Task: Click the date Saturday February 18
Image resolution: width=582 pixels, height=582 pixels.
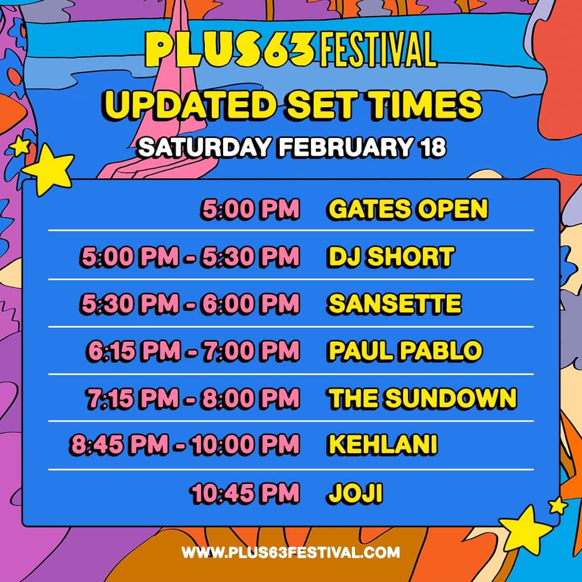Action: (x=292, y=147)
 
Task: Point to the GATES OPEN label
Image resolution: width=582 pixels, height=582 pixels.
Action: (x=407, y=209)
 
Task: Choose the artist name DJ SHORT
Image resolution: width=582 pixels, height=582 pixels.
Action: (x=390, y=257)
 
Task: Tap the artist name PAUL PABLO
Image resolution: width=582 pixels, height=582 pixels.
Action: (x=405, y=351)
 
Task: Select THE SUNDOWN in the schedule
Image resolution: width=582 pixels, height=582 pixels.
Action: (x=422, y=398)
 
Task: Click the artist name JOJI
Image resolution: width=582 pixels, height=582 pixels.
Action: (x=354, y=493)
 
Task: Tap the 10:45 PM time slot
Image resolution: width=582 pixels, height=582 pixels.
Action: (x=244, y=493)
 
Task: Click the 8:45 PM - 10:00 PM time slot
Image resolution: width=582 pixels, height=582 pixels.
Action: (x=184, y=445)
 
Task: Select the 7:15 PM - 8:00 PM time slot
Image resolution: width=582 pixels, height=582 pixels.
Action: (x=192, y=398)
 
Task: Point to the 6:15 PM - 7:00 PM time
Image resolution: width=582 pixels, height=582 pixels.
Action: (x=192, y=351)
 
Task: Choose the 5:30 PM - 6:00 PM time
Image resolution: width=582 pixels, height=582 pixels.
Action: (x=189, y=304)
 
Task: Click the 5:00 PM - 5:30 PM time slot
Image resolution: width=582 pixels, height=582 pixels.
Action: (x=189, y=257)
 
